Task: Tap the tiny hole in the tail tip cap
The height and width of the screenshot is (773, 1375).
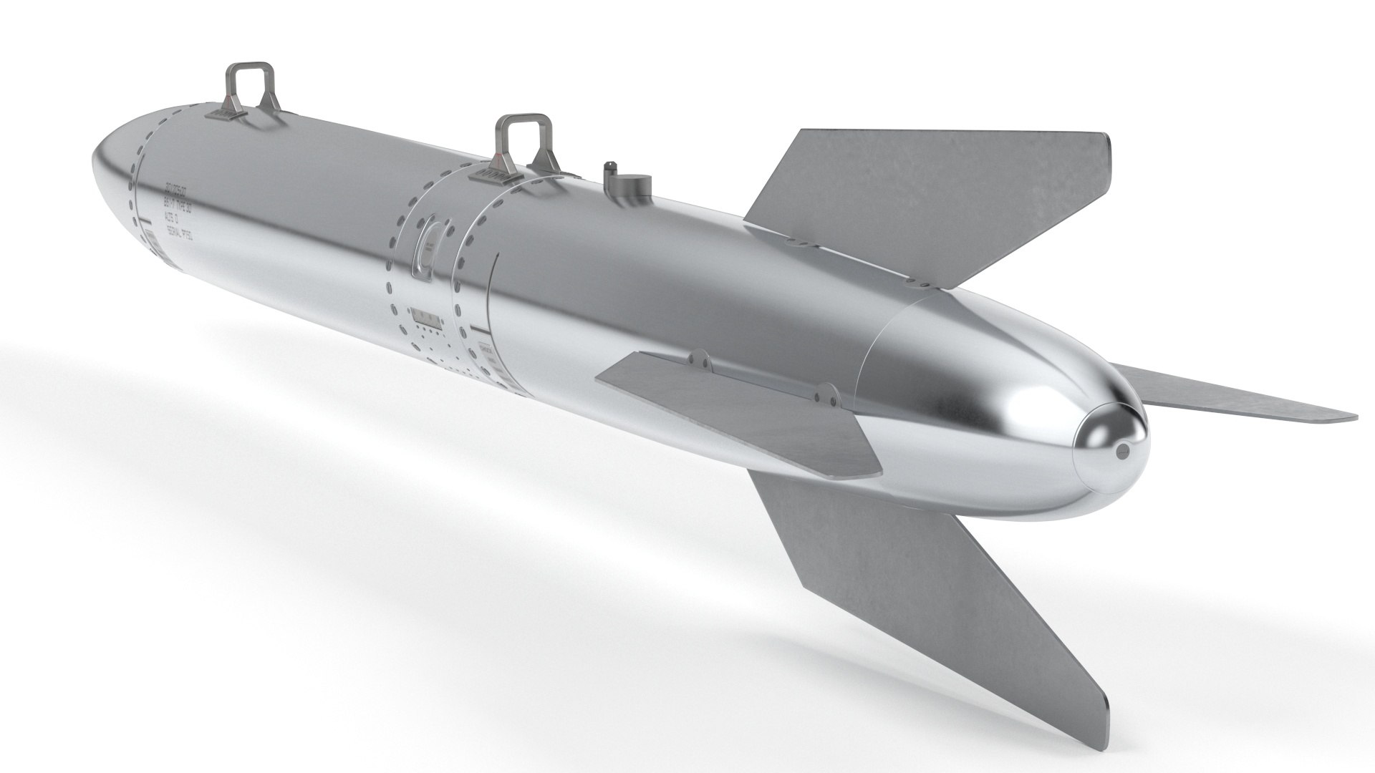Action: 1122,451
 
